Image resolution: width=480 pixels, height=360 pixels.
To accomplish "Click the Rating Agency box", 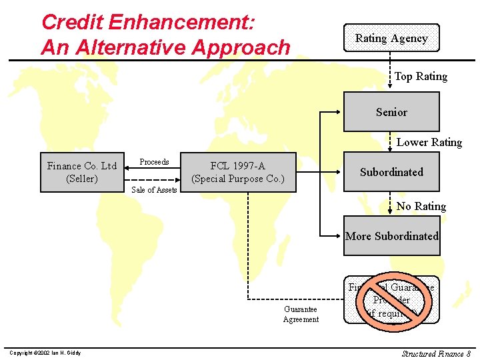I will click(391, 38).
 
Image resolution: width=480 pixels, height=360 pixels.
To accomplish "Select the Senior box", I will click(391, 112).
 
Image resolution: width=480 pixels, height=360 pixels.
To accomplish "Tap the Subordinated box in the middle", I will click(391, 172).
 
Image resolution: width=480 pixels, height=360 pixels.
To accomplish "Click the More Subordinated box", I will click(391, 236).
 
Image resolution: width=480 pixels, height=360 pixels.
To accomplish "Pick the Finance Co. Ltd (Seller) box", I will click(82, 173).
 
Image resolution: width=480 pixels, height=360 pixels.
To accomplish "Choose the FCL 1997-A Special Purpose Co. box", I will click(238, 173).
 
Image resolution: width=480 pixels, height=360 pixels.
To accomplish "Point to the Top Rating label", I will click(421, 77).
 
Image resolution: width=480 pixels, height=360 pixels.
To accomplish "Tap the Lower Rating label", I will click(429, 142).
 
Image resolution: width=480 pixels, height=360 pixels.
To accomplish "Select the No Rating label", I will click(421, 206).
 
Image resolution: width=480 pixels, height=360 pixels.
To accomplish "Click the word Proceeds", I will click(154, 162).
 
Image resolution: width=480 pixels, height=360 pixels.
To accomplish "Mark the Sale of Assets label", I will click(154, 190).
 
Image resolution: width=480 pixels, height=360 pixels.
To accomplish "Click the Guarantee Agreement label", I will click(301, 314).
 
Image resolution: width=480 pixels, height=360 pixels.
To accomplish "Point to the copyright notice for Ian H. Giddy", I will click(45, 353).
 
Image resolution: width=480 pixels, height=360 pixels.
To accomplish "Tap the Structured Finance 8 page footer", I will click(436, 353).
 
